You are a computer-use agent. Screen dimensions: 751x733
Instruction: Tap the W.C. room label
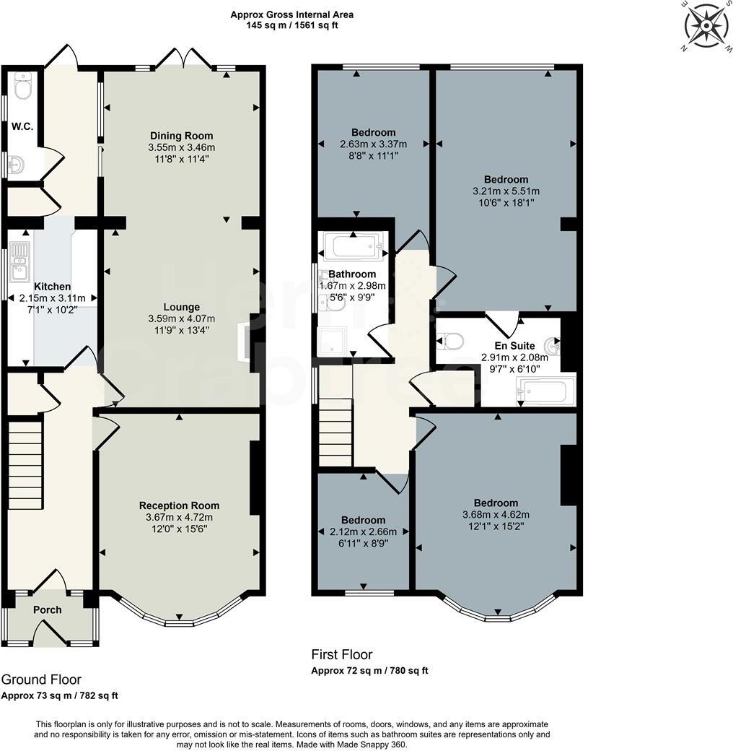click(x=22, y=127)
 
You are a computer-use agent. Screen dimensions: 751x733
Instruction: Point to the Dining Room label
click(x=181, y=136)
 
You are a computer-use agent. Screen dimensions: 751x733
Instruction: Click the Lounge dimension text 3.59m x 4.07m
click(x=181, y=318)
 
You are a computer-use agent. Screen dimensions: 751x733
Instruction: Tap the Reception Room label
click(x=179, y=505)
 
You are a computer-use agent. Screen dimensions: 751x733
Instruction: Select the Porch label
click(x=48, y=609)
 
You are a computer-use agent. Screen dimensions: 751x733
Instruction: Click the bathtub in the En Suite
click(x=546, y=391)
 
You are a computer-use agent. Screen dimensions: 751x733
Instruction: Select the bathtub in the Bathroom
click(x=353, y=247)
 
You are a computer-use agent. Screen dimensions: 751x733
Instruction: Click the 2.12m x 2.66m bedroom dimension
click(x=363, y=531)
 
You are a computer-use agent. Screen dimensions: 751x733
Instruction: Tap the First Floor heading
click(x=342, y=655)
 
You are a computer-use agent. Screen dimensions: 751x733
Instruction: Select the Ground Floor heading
click(x=41, y=680)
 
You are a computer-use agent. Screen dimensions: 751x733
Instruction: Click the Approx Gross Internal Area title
click(x=292, y=14)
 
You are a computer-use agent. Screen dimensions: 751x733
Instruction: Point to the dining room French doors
click(x=183, y=58)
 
